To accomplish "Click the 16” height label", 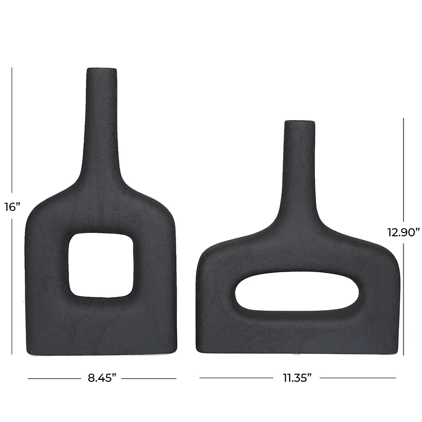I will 12,206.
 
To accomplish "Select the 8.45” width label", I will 101,378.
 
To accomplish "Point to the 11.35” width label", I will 297,378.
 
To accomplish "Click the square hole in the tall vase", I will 100,264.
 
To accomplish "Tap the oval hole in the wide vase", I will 298,292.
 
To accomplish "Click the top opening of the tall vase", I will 102,70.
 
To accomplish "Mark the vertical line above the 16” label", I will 12,132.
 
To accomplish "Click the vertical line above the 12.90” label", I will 404,169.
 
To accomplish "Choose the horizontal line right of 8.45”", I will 150,378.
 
